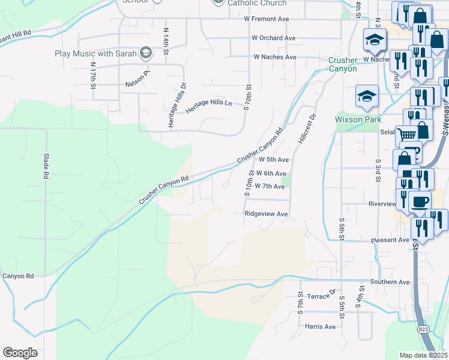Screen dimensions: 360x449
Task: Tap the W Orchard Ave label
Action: pyautogui.click(x=274, y=38)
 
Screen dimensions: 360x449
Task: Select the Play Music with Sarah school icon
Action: pyautogui.click(x=145, y=53)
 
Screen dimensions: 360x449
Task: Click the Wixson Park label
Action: pyautogui.click(x=358, y=119)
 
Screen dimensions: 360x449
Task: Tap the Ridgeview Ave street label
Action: pyautogui.click(x=266, y=214)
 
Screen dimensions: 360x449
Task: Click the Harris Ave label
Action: pyautogui.click(x=320, y=326)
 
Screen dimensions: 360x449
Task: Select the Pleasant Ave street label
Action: pyautogui.click(x=390, y=239)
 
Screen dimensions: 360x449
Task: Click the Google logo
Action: pyautogui.click(x=20, y=353)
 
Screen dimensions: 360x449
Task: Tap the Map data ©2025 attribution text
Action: pyautogui.click(x=423, y=355)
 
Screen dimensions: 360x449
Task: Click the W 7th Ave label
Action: pyautogui.click(x=270, y=186)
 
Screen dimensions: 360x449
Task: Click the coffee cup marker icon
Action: pyautogui.click(x=420, y=200)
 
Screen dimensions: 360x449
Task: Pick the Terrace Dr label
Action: pyautogui.click(x=319, y=296)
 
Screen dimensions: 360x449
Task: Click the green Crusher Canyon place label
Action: pyautogui.click(x=343, y=64)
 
